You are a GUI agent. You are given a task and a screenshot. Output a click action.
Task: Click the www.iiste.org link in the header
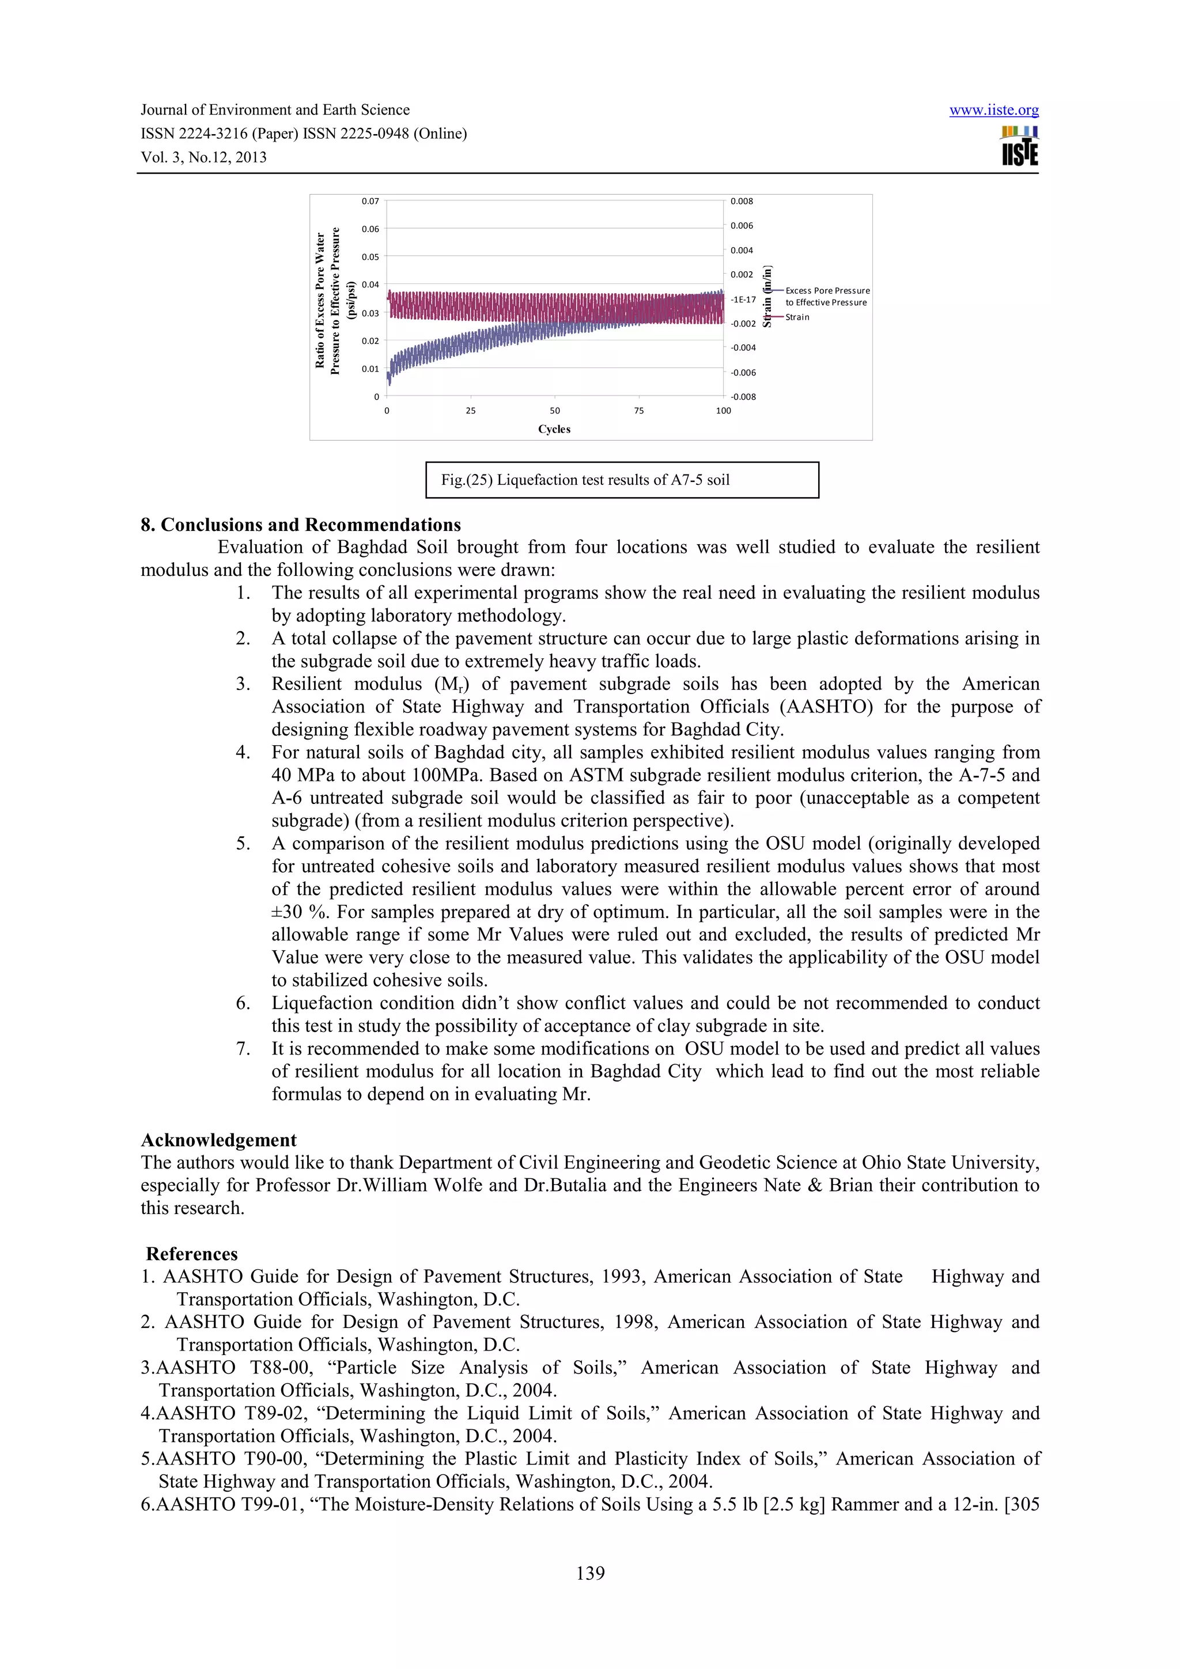click(x=993, y=111)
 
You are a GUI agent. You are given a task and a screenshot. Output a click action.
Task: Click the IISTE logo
click(x=1019, y=147)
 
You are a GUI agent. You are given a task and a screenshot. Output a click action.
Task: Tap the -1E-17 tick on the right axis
click(x=743, y=299)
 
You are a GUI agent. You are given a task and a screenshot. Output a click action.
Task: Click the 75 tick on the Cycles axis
click(x=638, y=411)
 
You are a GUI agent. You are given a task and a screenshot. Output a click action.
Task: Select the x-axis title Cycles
click(x=554, y=429)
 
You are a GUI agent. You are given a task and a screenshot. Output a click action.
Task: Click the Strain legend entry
click(x=797, y=317)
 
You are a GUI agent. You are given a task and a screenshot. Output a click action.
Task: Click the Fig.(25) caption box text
click(x=585, y=480)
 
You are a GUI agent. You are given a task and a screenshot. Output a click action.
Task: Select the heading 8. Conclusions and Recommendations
click(x=300, y=525)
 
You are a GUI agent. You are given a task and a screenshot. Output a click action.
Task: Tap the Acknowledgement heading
click(x=218, y=1140)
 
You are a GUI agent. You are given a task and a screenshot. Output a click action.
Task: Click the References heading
click(x=191, y=1254)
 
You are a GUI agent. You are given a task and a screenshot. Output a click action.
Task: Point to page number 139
click(x=589, y=1573)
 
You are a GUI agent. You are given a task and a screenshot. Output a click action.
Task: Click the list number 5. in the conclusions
click(x=243, y=843)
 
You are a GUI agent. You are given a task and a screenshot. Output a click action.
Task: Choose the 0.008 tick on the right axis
click(x=741, y=202)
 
